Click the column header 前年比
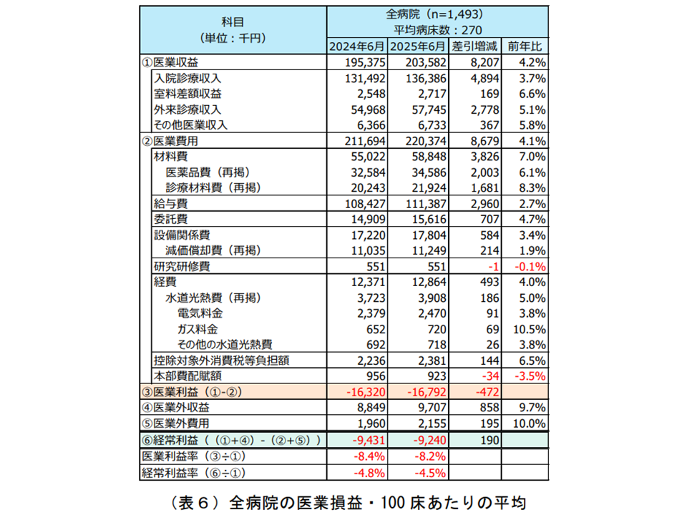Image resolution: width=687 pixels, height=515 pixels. click(x=527, y=47)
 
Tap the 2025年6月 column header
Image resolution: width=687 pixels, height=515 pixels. click(x=419, y=47)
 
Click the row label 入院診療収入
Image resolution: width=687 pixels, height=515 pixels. click(x=188, y=78)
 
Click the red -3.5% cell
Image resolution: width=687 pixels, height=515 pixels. click(x=531, y=375)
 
